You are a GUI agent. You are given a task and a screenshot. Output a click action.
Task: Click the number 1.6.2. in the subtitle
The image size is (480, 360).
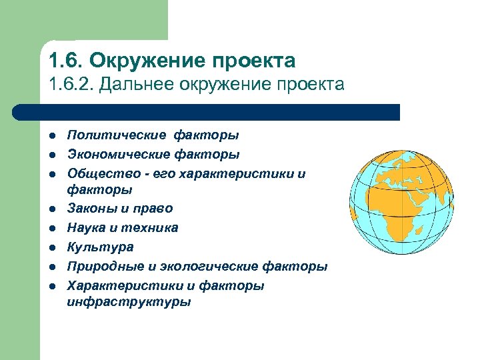click(72, 85)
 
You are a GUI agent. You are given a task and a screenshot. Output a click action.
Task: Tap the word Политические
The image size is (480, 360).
click(117, 135)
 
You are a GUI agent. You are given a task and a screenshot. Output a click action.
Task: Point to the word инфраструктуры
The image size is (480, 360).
click(129, 301)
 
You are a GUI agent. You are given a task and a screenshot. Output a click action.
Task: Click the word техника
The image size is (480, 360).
click(155, 228)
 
